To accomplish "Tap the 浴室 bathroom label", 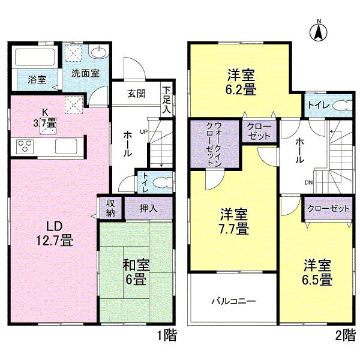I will click(x=28, y=79).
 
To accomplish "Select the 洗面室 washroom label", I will click(x=86, y=74).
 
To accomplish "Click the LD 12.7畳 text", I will click(x=52, y=233).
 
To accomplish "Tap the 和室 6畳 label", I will click(x=136, y=272).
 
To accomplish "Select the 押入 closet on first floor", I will click(x=148, y=209).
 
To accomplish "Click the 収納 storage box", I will click(x=110, y=208).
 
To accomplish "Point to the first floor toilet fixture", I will click(x=159, y=181).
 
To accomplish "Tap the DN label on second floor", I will click(x=309, y=183).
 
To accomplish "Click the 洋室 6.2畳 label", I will click(x=242, y=83).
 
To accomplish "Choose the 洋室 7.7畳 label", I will click(x=233, y=221).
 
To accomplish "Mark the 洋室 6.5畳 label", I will click(x=317, y=272).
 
